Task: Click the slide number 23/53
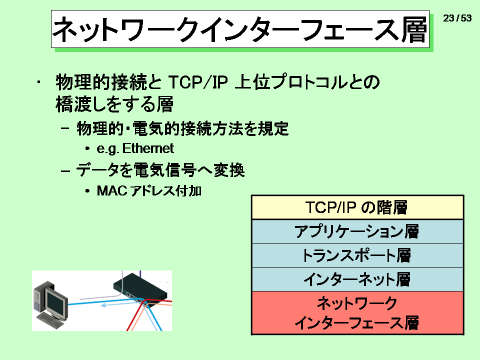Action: [457, 18]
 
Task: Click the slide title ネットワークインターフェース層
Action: [239, 29]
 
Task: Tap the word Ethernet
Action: [148, 148]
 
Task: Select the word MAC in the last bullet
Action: [111, 190]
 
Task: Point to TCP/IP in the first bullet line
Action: [198, 82]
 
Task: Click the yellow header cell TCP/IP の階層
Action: [357, 207]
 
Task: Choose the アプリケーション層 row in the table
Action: [357, 231]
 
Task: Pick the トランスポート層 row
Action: [357, 255]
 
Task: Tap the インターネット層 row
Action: [357, 279]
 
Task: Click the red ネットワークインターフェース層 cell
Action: [357, 313]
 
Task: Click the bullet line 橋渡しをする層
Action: [114, 104]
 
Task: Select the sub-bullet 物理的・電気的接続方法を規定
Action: [182, 128]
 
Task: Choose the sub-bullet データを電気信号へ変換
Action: [160, 170]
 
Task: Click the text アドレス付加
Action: [166, 190]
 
